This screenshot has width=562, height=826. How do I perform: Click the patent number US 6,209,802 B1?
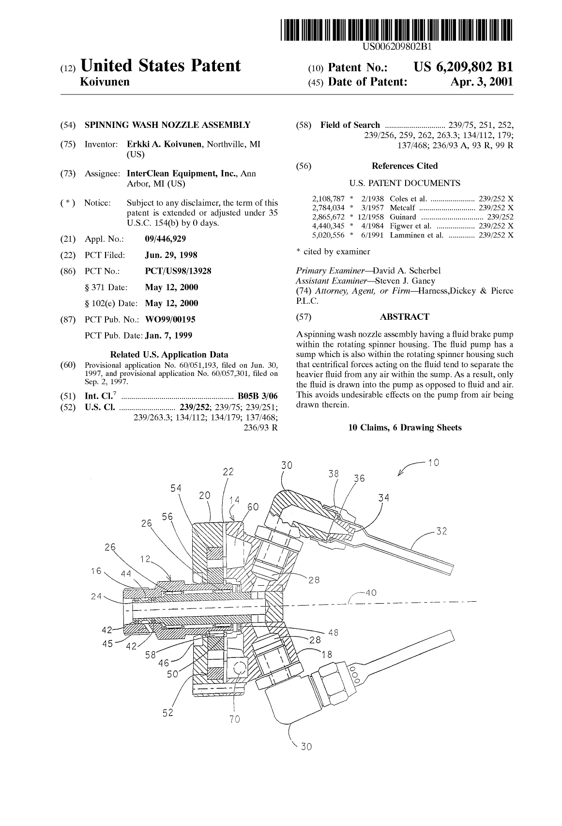463,67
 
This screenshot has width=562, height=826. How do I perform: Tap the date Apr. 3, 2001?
481,82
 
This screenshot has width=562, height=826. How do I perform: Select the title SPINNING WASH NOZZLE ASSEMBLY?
167,125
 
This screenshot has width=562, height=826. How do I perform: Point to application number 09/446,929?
165,239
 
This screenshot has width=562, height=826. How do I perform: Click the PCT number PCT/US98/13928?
178,271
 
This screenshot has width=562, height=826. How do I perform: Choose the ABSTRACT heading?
404,317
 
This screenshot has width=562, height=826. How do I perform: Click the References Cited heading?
404,166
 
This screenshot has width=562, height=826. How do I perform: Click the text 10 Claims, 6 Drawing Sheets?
405,427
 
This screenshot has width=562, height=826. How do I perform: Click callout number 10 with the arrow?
433,463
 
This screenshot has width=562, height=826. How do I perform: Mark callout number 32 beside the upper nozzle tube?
441,531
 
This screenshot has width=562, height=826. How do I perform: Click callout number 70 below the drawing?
234,719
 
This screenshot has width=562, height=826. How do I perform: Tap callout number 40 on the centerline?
371,592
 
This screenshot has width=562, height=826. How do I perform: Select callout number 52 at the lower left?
167,713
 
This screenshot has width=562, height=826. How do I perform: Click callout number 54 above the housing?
176,488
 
